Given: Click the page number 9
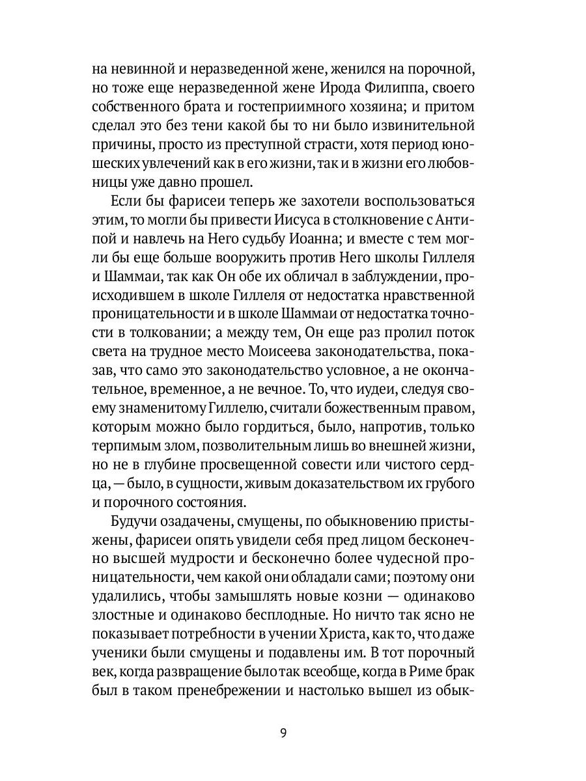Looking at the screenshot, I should pyautogui.click(x=283, y=733).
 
